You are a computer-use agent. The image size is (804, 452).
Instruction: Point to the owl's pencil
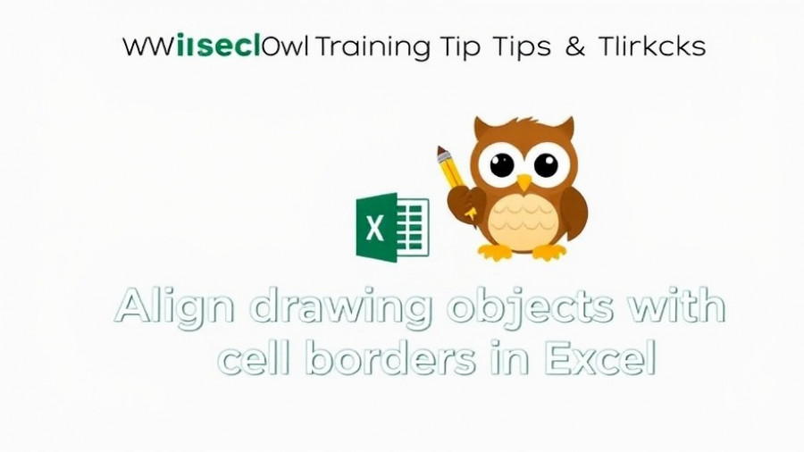tap(451, 179)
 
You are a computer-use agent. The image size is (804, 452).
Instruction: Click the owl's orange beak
tap(523, 182)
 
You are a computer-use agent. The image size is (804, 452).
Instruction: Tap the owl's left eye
tap(502, 164)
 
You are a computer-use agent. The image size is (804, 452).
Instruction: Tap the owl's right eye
tap(546, 164)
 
